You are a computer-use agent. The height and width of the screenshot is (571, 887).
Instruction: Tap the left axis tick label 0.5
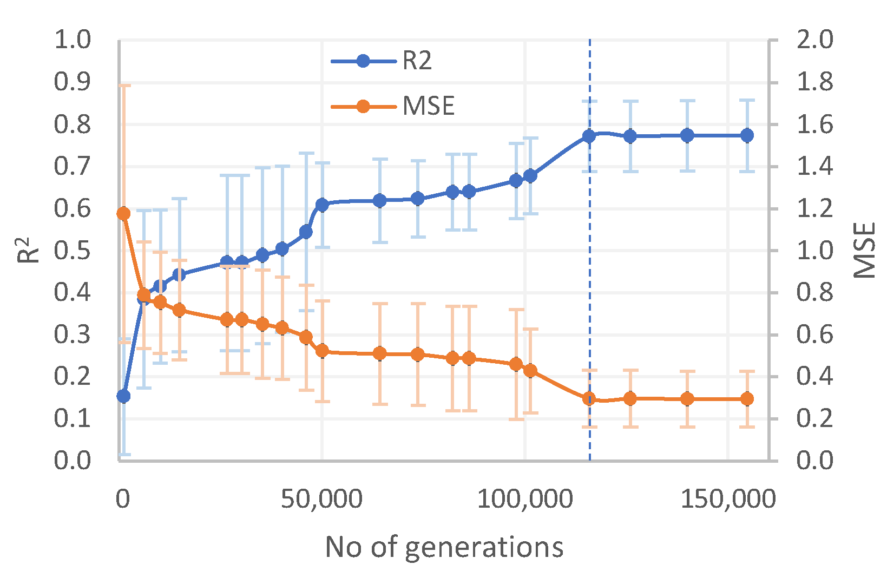click(x=73, y=251)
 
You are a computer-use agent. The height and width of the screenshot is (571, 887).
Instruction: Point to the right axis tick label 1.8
click(x=814, y=82)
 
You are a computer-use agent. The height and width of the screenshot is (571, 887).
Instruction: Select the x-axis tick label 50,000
click(x=321, y=499)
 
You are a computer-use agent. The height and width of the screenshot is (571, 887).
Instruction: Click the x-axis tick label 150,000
click(x=728, y=499)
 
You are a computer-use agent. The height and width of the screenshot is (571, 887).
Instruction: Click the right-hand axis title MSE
click(x=864, y=250)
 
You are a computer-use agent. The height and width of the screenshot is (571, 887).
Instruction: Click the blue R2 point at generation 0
click(x=123, y=396)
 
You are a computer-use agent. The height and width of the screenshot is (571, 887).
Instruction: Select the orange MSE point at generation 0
click(x=123, y=213)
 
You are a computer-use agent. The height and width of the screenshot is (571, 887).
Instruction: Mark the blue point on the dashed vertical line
click(x=589, y=136)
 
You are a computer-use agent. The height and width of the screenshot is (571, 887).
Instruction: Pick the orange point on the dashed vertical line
click(x=589, y=399)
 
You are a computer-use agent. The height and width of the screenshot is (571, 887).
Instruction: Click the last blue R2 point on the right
click(x=747, y=135)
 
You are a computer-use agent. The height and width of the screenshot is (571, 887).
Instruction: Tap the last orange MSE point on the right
click(x=747, y=399)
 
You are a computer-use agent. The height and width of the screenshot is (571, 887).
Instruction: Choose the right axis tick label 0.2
click(x=814, y=418)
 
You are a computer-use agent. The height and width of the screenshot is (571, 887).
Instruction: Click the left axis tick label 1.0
click(x=73, y=40)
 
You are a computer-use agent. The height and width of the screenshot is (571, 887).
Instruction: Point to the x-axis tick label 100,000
click(x=524, y=499)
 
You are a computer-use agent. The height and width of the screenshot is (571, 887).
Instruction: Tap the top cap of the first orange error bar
click(x=123, y=85)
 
